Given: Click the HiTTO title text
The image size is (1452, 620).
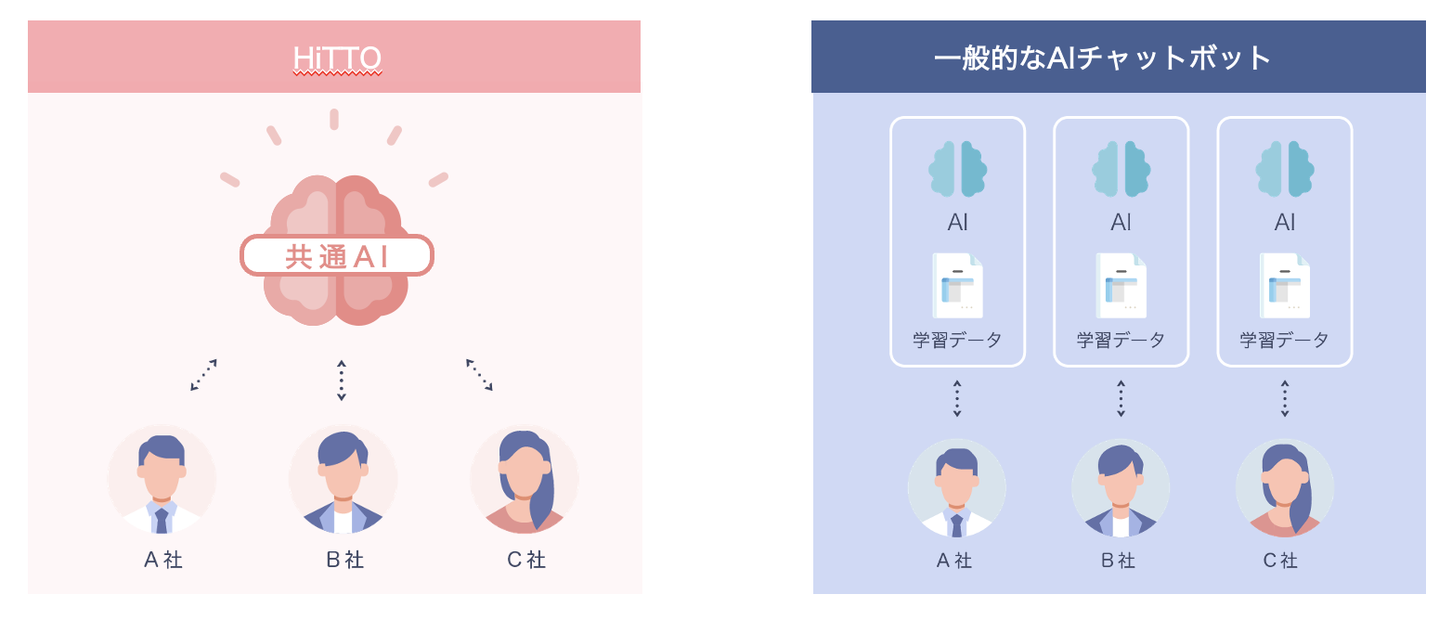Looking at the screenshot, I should (x=337, y=58).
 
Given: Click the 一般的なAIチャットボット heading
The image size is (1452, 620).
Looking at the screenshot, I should (x=1103, y=58).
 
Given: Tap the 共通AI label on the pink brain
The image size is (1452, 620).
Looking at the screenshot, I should (x=337, y=255).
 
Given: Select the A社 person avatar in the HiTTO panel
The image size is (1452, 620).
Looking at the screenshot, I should (x=162, y=481).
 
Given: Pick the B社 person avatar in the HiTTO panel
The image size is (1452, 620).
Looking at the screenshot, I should (x=343, y=481).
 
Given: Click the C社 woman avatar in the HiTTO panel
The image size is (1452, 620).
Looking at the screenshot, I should (x=525, y=481).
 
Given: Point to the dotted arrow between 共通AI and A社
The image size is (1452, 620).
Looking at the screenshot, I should (x=203, y=375).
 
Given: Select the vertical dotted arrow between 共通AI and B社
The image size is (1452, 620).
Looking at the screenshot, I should (x=342, y=381).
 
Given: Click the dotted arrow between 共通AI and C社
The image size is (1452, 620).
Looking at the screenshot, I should (x=479, y=375).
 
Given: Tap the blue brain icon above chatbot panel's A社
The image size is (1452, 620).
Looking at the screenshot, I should (x=957, y=169).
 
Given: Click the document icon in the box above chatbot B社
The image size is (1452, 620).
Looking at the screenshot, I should (x=1121, y=286).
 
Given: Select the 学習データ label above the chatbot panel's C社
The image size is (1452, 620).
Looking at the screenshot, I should (x=1285, y=340).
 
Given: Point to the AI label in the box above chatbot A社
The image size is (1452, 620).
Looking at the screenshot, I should (x=957, y=223).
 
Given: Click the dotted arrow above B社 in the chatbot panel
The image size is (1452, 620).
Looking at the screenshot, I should (x=1121, y=398).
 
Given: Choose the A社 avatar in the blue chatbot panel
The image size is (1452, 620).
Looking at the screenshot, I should (x=957, y=488).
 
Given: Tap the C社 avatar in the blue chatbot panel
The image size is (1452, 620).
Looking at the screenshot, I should (x=1285, y=488).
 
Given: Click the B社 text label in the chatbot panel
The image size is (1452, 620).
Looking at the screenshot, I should (x=1119, y=561).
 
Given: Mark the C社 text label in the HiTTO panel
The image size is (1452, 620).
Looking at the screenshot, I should (x=525, y=560).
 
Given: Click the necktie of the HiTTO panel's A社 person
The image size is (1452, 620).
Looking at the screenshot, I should (x=162, y=520).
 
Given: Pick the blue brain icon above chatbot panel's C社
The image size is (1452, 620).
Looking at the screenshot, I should (x=1285, y=169).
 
